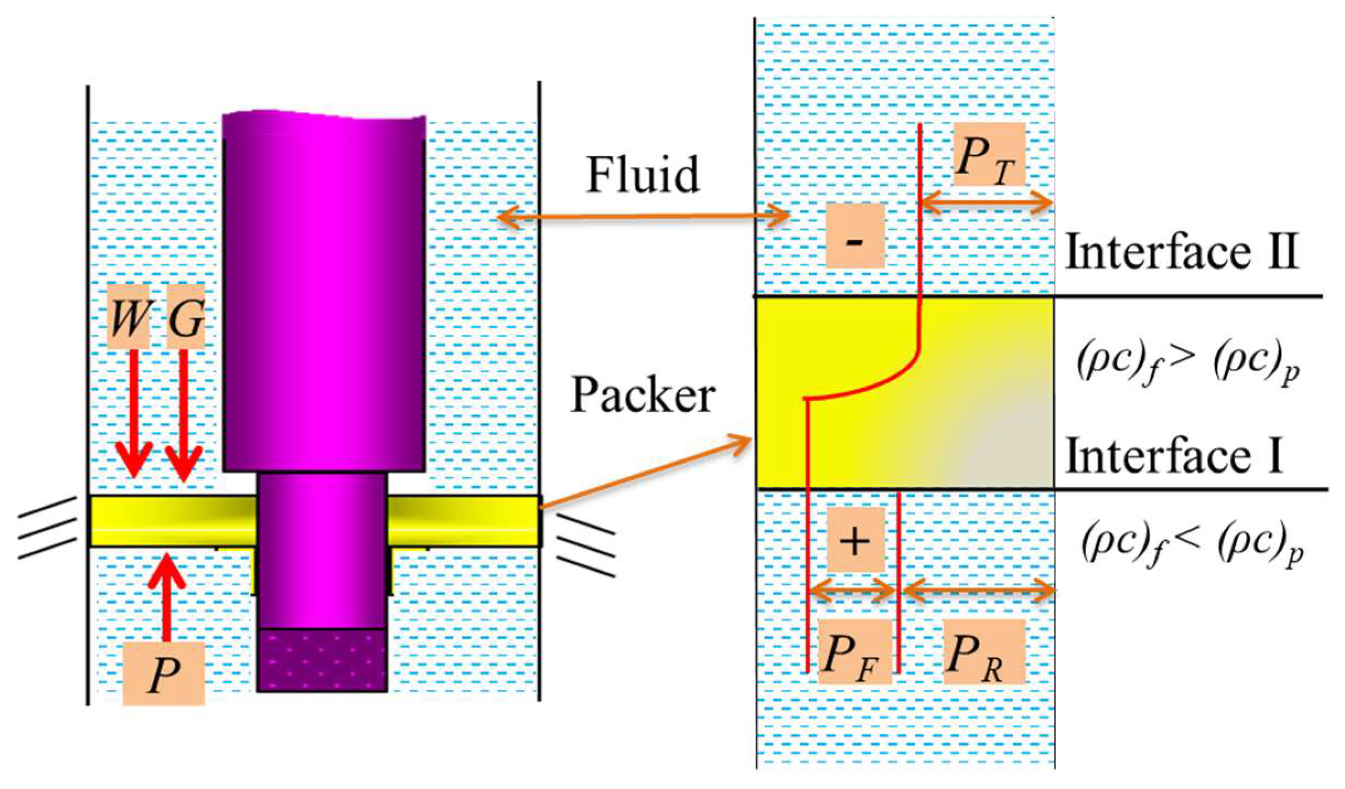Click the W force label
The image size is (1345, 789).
point(128,316)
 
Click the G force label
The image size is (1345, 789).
point(186,316)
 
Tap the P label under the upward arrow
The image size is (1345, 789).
point(163,673)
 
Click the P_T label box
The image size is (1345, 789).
point(989,154)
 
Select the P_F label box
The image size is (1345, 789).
point(854,652)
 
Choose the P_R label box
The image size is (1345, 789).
point(984,652)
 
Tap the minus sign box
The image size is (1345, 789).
point(855,235)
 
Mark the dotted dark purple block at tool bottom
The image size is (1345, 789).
point(322,660)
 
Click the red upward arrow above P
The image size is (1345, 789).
point(166,598)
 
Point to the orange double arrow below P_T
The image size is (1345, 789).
point(986,203)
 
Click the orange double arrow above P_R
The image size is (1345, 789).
point(978,592)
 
